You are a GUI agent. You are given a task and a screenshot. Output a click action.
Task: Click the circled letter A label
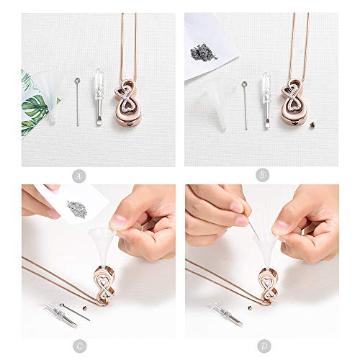pyautogui.click(x=79, y=176)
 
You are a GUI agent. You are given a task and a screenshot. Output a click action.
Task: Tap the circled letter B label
pyautogui.click(x=262, y=176)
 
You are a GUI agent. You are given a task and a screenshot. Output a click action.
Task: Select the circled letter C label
pyautogui.click(x=79, y=346)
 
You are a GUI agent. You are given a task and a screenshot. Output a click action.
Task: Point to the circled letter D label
pyautogui.click(x=264, y=346)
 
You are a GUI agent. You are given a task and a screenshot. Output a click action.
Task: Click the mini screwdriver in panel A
pyautogui.click(x=99, y=97)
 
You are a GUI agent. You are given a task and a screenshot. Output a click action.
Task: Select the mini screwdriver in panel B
pyautogui.click(x=266, y=101)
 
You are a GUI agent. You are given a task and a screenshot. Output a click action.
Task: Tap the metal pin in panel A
pyautogui.click(x=77, y=102)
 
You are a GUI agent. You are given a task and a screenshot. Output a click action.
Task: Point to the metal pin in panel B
pyautogui.click(x=245, y=106)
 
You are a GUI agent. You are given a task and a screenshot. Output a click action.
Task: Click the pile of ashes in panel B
pyautogui.click(x=204, y=51)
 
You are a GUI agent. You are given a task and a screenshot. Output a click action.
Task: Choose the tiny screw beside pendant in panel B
pyautogui.click(x=312, y=125)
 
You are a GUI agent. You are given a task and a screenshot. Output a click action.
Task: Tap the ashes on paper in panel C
pyautogui.click(x=76, y=209)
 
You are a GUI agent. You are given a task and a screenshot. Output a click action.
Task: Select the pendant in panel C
pyautogui.click(x=105, y=283)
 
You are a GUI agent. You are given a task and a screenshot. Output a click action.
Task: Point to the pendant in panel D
pyautogui.click(x=269, y=286)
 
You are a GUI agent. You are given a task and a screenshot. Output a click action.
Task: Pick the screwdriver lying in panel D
pyautogui.click(x=227, y=315)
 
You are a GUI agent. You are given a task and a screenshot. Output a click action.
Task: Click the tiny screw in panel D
pyautogui.click(x=250, y=307)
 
